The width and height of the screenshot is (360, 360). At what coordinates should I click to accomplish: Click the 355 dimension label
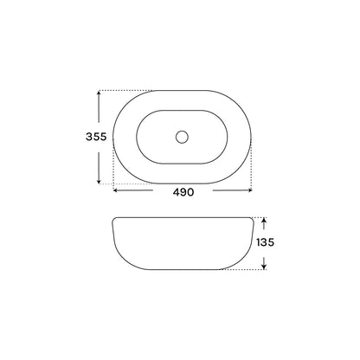96,137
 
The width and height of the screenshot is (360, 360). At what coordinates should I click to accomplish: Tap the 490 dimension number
183,192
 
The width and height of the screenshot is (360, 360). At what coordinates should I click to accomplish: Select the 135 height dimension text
265,242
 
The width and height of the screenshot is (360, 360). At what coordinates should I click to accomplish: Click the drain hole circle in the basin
182,137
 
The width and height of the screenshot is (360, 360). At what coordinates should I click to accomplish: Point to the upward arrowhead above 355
99,93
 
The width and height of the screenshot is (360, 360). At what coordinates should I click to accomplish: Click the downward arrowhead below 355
99,181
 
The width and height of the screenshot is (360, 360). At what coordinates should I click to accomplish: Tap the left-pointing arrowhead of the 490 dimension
116,190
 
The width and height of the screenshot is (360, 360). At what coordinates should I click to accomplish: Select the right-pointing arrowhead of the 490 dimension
250,190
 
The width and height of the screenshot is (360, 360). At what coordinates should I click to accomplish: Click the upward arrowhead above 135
264,220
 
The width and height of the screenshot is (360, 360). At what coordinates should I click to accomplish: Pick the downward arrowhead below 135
264,267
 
